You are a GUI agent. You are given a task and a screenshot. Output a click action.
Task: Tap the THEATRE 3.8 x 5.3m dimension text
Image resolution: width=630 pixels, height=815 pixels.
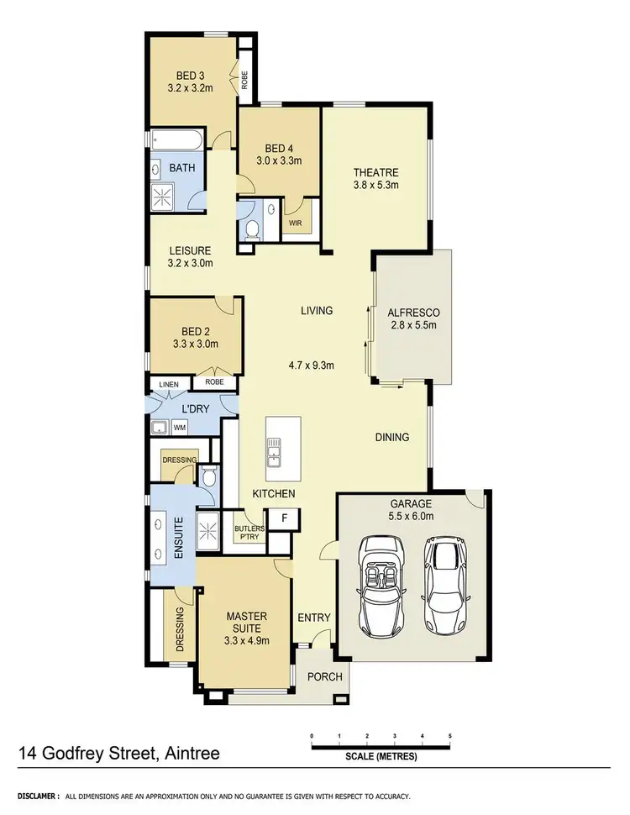click(x=375, y=186)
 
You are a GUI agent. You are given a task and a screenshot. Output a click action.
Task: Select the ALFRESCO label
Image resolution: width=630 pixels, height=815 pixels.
click(x=413, y=313)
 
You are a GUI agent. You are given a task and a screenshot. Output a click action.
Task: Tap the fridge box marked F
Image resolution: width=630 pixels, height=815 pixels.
click(x=286, y=518)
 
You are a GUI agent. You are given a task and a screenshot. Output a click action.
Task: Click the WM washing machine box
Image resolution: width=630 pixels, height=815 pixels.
click(x=179, y=429)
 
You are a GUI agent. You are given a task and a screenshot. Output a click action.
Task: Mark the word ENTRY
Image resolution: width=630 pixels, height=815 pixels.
click(x=315, y=618)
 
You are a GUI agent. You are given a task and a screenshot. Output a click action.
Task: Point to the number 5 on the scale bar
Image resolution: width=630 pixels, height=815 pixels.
click(x=451, y=736)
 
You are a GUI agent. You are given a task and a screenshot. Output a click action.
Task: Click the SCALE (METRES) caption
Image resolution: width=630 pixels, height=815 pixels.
click(x=381, y=755)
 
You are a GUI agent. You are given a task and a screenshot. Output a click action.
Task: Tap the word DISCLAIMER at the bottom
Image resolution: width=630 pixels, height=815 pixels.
click(x=32, y=795)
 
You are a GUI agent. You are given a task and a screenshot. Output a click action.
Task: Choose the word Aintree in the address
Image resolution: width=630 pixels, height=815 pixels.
click(x=190, y=753)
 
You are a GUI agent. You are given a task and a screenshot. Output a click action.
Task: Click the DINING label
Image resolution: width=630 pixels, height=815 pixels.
click(x=391, y=437)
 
